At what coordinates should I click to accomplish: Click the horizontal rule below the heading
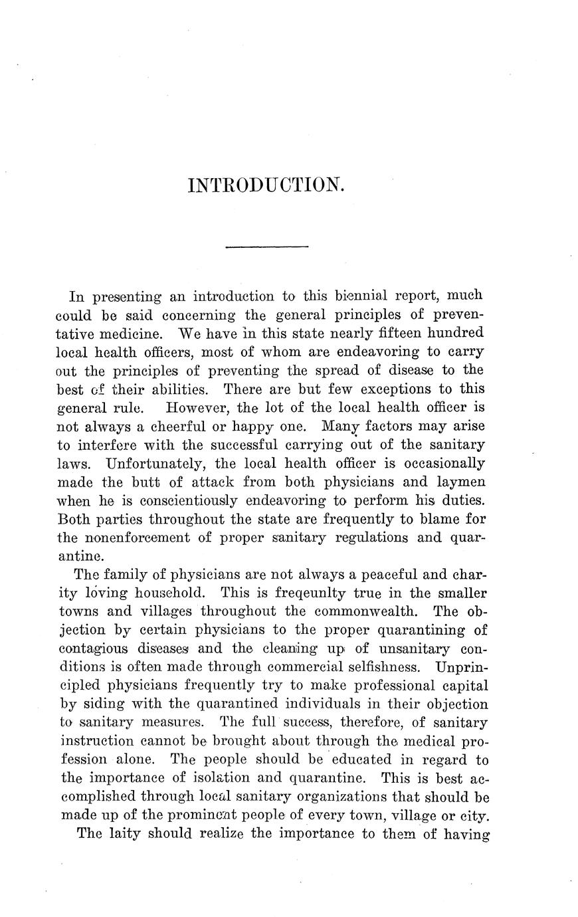pyautogui.click(x=267, y=247)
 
